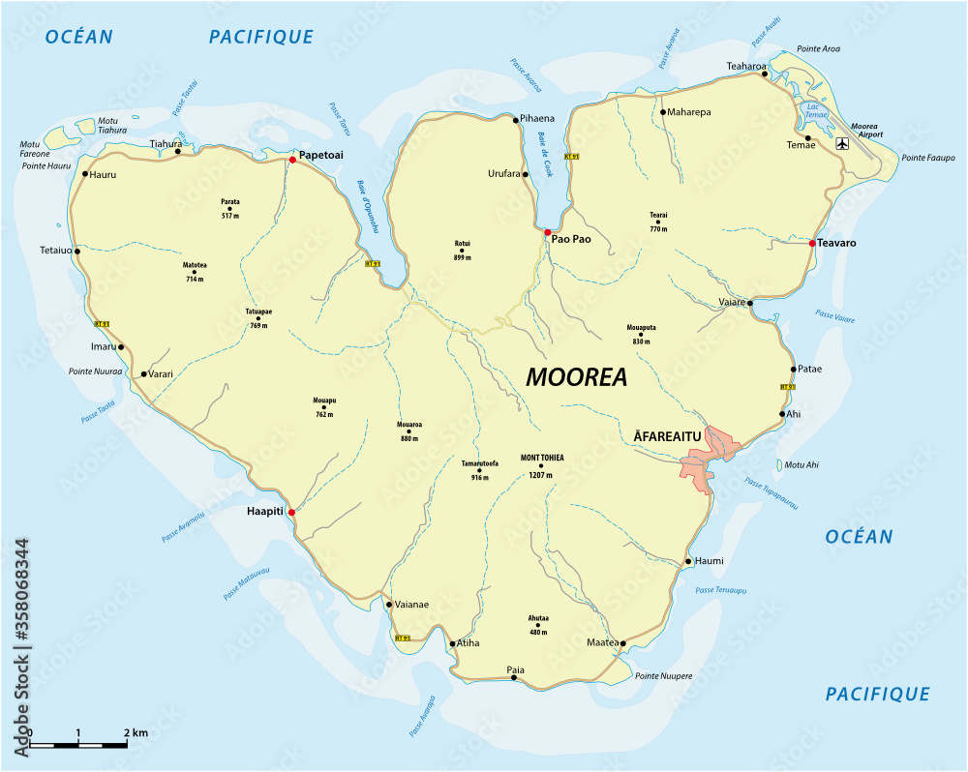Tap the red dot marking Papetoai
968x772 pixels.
pos(292,160)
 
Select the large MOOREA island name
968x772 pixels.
pos(576,377)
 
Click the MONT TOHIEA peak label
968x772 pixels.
pos(541,459)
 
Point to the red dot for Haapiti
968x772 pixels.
pos(291,513)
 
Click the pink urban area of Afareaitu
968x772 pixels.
pos(710,455)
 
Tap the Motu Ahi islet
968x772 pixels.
pos(779,465)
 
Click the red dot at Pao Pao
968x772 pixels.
pos(547,233)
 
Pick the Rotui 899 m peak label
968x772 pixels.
pos(462,250)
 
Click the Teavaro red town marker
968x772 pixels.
pos(812,243)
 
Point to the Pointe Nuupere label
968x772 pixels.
pos(663,675)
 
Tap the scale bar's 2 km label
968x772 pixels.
pos(136,733)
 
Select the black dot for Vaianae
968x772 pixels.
pos(389,606)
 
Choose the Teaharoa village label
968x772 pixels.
pos(746,66)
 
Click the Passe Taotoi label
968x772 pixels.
pos(185,98)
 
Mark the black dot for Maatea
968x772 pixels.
pos(623,643)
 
